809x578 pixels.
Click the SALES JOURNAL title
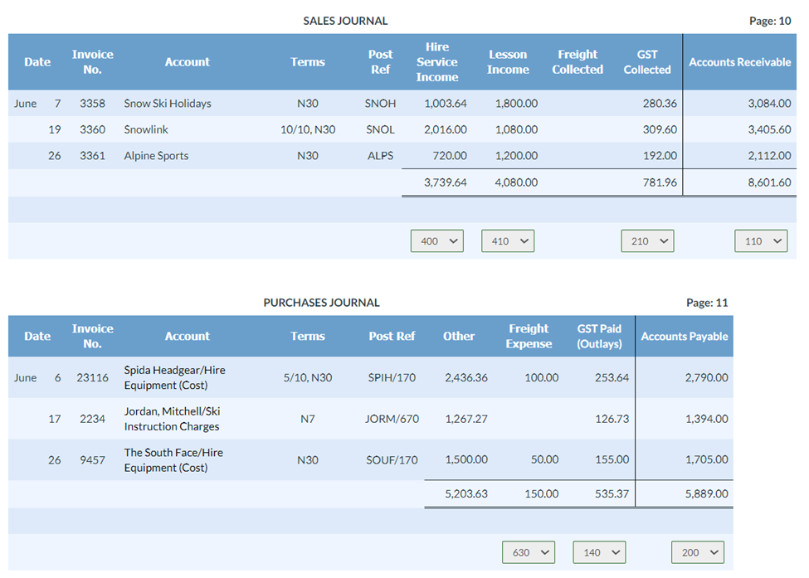click(345, 21)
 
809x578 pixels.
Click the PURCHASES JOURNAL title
click(321, 303)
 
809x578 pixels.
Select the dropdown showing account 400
click(437, 241)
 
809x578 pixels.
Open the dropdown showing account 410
click(508, 241)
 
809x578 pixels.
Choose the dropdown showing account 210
click(647, 241)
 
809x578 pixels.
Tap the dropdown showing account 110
click(761, 241)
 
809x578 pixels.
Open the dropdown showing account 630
click(529, 552)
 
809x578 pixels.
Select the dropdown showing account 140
click(599, 552)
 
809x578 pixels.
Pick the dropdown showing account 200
click(698, 552)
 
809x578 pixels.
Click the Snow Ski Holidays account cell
click(168, 104)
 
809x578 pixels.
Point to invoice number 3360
click(92, 129)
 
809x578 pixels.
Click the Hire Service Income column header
click(437, 62)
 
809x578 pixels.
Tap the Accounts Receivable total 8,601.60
click(769, 182)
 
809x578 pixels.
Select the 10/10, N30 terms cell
click(307, 129)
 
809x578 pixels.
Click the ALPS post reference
click(380, 156)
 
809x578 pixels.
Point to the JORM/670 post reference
click(392, 419)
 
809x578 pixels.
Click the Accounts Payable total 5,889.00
click(706, 493)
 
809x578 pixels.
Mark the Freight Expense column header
click(529, 336)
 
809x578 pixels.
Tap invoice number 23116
click(92, 377)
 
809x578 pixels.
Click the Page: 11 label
click(707, 303)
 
